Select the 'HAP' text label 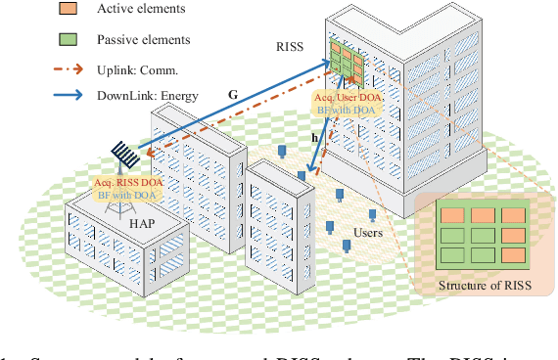point(139,222)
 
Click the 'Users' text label point(368,233)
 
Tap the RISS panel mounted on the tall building point(346,62)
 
